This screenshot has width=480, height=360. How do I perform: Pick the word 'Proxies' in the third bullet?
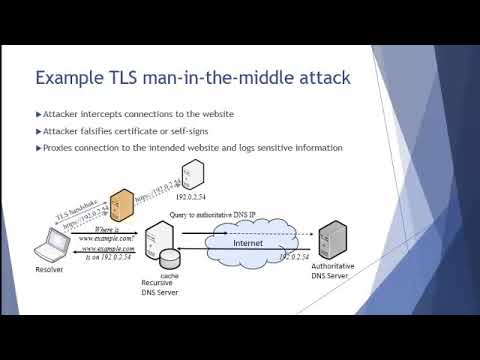pyautogui.click(x=61, y=148)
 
